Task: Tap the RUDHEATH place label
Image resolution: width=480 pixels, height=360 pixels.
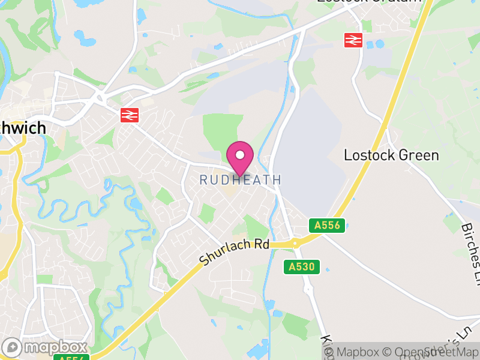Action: (240, 179)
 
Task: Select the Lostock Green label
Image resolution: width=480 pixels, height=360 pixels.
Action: (391, 155)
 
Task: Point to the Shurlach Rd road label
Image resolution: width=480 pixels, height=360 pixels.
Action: (235, 251)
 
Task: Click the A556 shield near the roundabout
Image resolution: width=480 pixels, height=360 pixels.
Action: (328, 226)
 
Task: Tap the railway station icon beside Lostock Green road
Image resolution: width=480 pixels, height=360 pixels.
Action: (352, 40)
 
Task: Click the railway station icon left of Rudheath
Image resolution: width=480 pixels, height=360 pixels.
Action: (129, 115)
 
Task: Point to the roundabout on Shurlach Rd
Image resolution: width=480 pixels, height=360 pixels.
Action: (293, 244)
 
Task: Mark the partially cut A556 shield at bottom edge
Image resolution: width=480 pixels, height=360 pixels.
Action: (71, 358)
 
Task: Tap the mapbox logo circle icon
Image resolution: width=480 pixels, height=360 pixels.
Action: (13, 347)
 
